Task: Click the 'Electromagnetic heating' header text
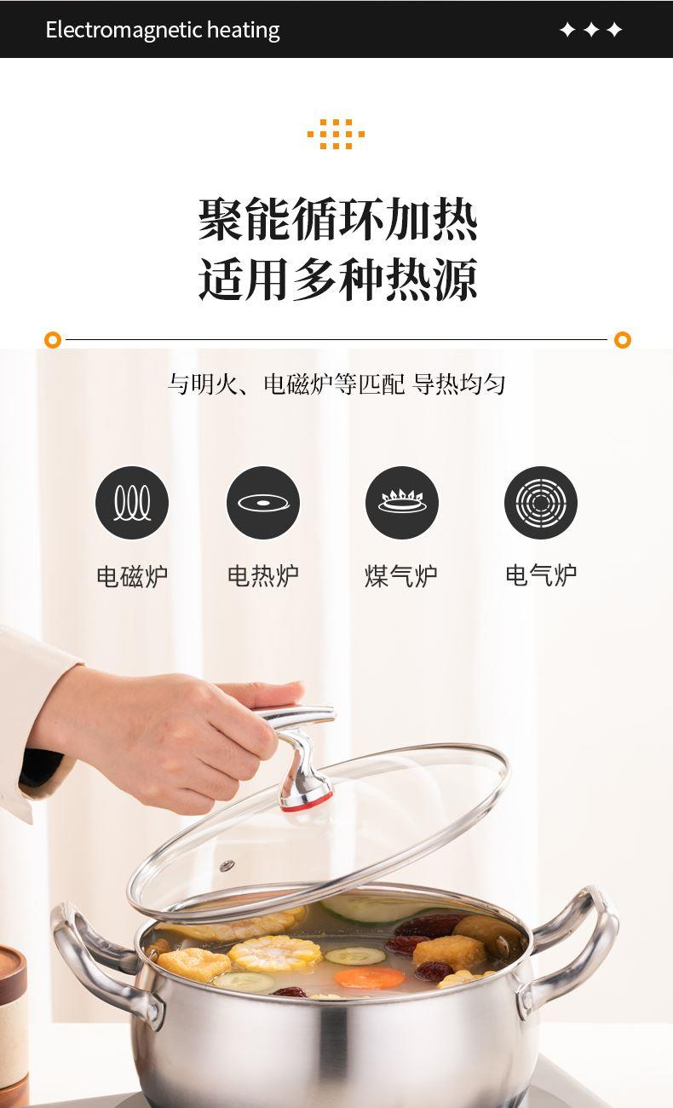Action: (x=163, y=30)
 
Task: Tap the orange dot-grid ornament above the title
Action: (x=336, y=134)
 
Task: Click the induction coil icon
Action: (x=132, y=503)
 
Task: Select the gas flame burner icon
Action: (x=402, y=503)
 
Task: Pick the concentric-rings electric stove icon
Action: (x=541, y=503)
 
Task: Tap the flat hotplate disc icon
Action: (x=263, y=503)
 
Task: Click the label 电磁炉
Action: (x=132, y=576)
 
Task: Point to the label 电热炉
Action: (x=263, y=576)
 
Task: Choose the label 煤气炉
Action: (x=401, y=576)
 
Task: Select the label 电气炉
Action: (x=541, y=576)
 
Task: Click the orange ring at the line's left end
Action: (x=53, y=340)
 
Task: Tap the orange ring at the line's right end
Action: (x=623, y=340)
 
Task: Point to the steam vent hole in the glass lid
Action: (x=227, y=865)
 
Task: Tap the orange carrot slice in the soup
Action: (x=370, y=978)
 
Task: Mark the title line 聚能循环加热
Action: (x=337, y=219)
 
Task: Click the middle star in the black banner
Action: (x=591, y=30)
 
